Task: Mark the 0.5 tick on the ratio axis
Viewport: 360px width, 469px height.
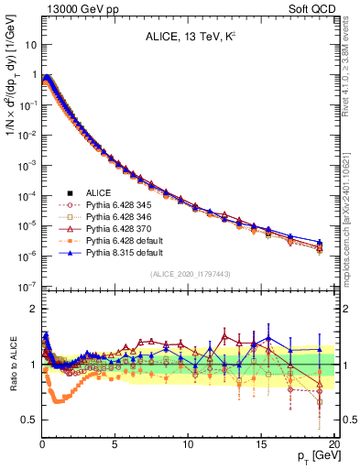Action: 29,420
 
